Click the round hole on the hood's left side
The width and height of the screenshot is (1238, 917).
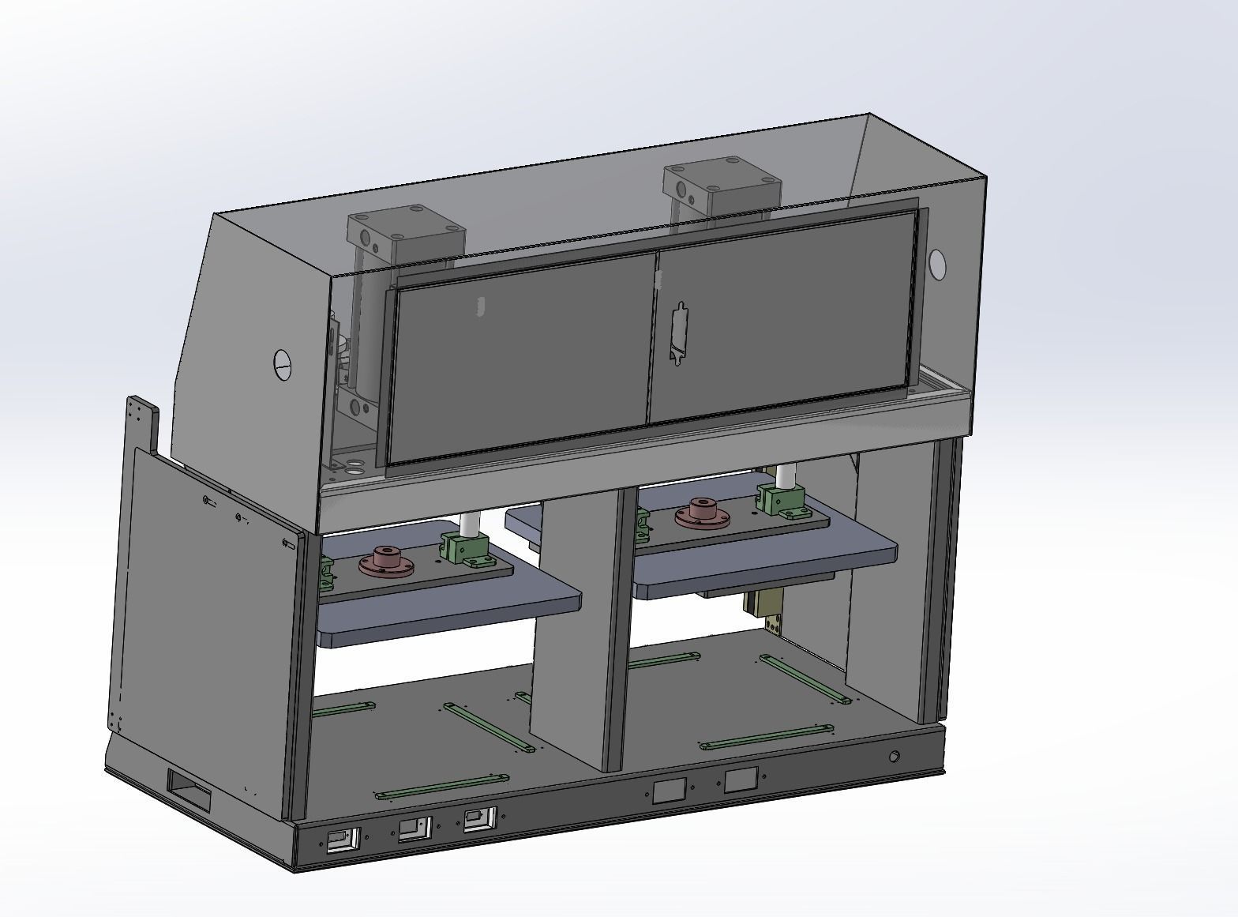tap(282, 364)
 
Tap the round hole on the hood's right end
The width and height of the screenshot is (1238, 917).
tap(937, 265)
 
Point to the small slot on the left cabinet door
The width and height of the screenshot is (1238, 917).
tap(480, 306)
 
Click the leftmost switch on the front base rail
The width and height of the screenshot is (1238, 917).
tap(343, 840)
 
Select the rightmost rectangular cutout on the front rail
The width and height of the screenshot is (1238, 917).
tap(741, 780)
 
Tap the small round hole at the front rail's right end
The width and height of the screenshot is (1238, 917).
tap(894, 757)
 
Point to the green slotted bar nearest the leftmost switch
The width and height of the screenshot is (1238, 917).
tap(442, 786)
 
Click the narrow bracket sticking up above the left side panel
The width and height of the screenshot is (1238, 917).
tap(142, 424)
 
